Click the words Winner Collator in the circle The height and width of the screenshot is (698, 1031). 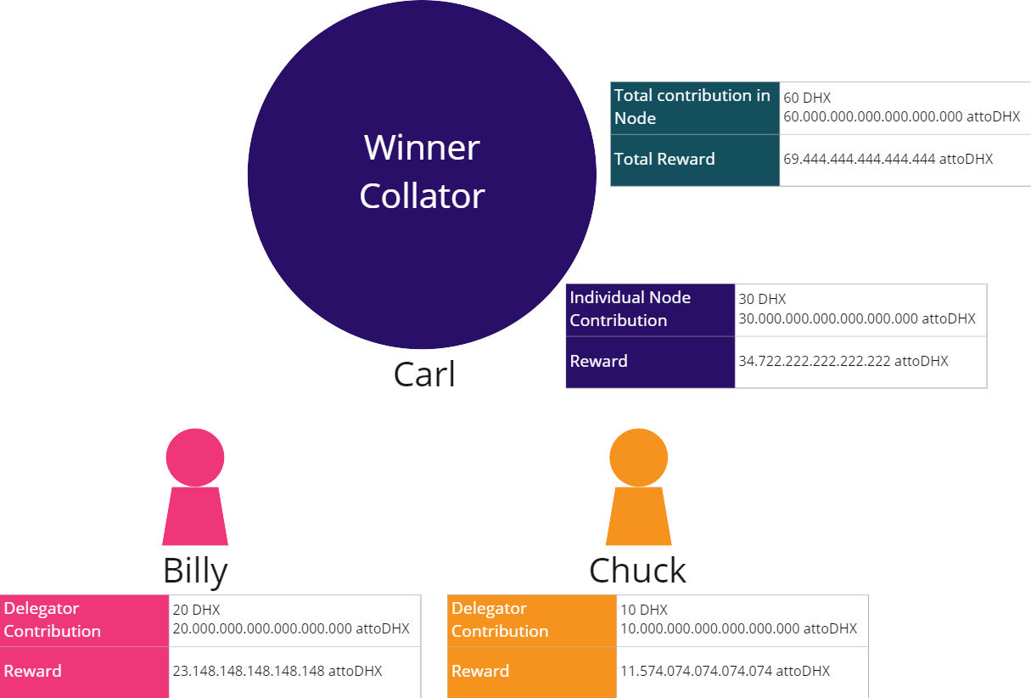422,172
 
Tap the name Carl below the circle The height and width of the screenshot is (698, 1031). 424,374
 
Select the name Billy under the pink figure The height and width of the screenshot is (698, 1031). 195,571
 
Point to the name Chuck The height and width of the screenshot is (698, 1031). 637,571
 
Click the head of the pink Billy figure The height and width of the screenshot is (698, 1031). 195,457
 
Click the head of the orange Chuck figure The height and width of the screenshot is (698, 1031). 638,457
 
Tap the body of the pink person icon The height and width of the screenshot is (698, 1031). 195,516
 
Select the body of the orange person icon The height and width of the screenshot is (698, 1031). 638,516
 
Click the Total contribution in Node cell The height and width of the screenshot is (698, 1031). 694,107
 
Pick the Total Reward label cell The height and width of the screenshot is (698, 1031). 694,160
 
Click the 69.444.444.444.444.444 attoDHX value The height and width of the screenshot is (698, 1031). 888,159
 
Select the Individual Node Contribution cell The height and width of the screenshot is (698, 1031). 650,309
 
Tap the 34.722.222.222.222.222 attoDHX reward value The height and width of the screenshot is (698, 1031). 843,361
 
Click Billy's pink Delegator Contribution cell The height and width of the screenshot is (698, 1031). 84,620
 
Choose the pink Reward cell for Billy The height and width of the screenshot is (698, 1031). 84,672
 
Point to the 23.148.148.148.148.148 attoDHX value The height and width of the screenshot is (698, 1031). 277,671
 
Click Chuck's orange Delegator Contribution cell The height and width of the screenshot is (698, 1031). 531,620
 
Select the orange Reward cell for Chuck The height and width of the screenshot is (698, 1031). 531,672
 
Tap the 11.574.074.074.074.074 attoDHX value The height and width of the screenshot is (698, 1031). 725,671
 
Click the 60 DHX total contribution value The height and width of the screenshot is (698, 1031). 807,99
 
